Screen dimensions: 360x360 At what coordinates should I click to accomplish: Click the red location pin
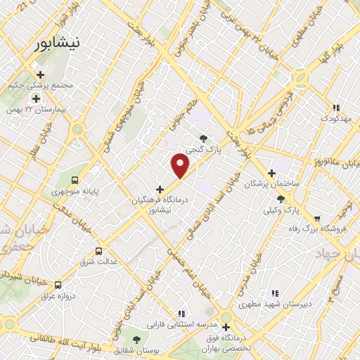pos(181,166)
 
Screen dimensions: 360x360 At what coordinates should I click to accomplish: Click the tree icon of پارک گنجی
pos(204,139)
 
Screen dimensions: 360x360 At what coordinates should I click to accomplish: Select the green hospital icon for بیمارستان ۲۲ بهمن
pos(35,98)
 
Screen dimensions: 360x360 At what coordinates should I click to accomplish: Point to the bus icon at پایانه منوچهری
pos(75,179)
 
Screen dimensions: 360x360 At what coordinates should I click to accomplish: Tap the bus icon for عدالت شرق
pos(98,250)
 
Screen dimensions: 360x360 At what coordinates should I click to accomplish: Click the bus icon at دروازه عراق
pos(58,285)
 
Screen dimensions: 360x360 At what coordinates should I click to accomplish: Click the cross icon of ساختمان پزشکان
pos(271,172)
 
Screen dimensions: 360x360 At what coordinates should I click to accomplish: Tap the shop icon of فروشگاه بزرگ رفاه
pos(317,218)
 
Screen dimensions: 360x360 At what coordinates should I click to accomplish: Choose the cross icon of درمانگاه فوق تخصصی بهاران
pos(226,327)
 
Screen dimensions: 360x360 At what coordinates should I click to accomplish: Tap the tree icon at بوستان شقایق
pos(127,337)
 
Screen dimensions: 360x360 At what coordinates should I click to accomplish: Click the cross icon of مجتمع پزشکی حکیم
pos(40,75)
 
